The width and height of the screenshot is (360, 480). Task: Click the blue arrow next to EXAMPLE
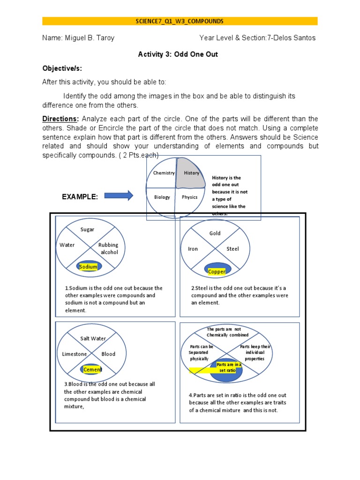point(119,195)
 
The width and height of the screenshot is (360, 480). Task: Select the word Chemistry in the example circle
point(164,173)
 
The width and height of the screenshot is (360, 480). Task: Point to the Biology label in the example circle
point(162,197)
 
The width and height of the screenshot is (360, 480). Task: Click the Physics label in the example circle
point(190,197)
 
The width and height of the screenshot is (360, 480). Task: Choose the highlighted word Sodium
point(88,267)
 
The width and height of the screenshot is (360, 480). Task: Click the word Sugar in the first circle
point(87,229)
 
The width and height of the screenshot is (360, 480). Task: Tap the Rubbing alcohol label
point(108,248)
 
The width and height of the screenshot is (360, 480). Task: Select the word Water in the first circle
point(67,245)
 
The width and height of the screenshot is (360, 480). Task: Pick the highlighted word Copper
point(217,271)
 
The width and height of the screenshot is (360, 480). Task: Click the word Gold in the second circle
point(215,233)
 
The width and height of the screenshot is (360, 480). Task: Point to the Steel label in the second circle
point(232,249)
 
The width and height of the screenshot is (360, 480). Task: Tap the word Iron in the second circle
point(193,249)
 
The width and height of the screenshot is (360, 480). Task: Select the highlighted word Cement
point(92,370)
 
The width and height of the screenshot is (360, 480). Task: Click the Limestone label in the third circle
point(74,354)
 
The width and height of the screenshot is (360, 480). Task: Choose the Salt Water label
point(93,338)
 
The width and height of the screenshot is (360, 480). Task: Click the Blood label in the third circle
point(108,354)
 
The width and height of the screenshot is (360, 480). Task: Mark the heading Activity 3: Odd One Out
point(178,54)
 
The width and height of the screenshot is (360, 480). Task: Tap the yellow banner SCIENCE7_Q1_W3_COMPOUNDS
point(180,21)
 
